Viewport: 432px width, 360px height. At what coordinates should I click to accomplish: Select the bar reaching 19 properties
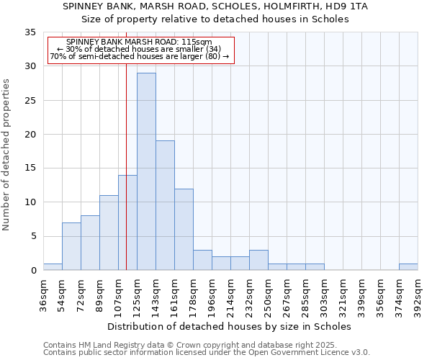coord(165,205)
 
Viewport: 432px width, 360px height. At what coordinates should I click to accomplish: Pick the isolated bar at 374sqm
coord(408,267)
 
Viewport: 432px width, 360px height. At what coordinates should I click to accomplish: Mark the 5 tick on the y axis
coord(33,236)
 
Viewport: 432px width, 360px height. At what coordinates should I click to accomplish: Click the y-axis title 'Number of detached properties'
coord(7,155)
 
